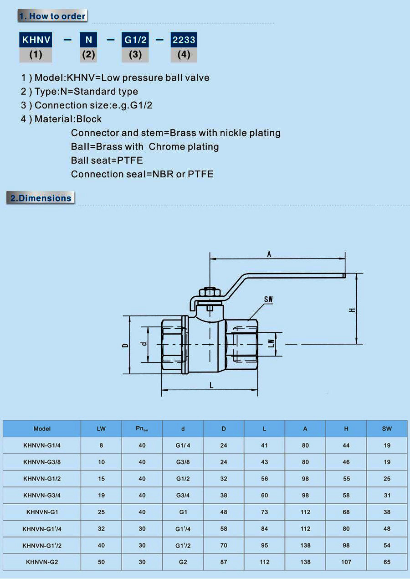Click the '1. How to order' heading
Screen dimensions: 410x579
coord(52,16)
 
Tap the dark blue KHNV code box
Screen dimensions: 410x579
coord(36,40)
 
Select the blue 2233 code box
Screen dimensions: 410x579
coord(184,40)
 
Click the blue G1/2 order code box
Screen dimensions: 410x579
coord(135,40)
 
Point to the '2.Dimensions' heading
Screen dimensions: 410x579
coord(41,198)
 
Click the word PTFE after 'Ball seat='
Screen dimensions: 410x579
coord(130,160)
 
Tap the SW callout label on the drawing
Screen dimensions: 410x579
coord(268,300)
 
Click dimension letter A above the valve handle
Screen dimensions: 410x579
coord(269,254)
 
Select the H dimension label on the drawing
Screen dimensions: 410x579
coord(352,310)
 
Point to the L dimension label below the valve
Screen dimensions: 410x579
coord(211,385)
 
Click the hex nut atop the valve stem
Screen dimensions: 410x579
coord(210,292)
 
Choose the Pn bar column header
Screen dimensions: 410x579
coord(142,429)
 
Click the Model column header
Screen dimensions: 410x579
coord(42,429)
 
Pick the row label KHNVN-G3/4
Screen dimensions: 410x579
coord(42,495)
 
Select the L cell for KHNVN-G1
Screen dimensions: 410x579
coord(264,512)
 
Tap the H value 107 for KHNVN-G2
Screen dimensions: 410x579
coord(346,562)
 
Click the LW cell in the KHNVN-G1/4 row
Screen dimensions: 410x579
coord(101,445)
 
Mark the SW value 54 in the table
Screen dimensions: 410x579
coord(387,545)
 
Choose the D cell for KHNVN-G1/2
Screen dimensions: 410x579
coord(224,479)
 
